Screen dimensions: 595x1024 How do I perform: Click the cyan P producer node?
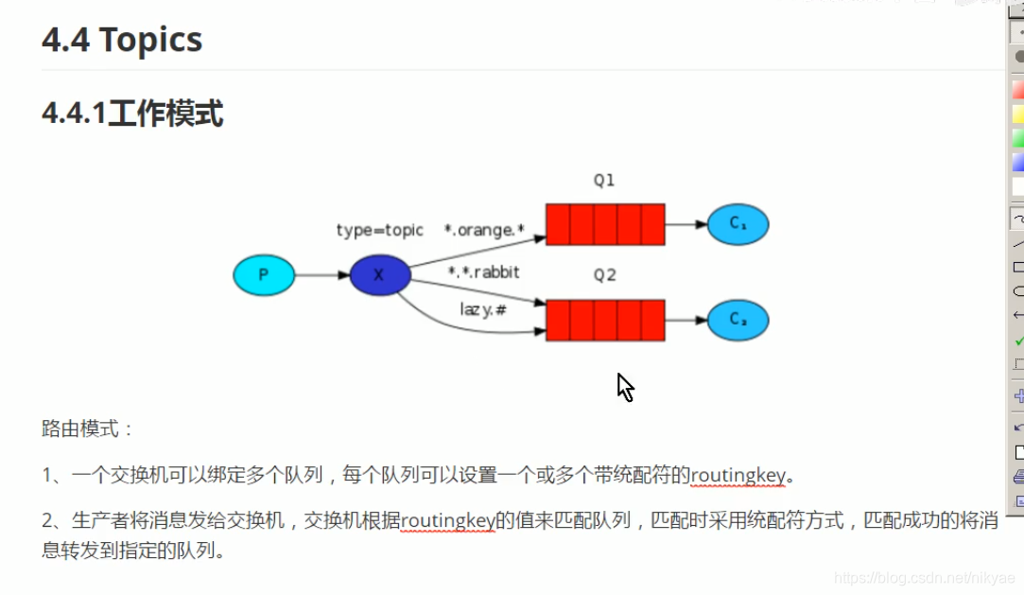click(x=264, y=275)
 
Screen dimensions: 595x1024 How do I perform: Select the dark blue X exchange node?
click(x=379, y=275)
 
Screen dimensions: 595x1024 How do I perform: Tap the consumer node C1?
click(x=738, y=224)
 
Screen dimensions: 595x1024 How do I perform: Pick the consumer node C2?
click(x=738, y=321)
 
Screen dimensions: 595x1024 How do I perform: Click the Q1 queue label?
click(x=604, y=180)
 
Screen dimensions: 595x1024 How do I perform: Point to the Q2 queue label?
click(x=604, y=275)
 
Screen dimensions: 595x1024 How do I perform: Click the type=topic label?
click(x=380, y=231)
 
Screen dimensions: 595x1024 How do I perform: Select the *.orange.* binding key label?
click(x=484, y=231)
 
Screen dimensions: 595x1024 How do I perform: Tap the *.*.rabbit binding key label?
click(x=484, y=272)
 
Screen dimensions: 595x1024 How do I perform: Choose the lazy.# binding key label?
click(x=483, y=309)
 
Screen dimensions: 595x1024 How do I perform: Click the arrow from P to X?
click(x=322, y=275)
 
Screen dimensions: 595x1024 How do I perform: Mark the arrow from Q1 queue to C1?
click(x=686, y=224)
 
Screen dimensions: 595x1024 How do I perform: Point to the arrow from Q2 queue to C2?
click(x=686, y=321)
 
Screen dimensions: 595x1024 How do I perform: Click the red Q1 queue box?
click(x=605, y=224)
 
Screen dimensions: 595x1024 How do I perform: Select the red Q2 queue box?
click(x=605, y=321)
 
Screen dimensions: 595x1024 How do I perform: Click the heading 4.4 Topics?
click(x=122, y=40)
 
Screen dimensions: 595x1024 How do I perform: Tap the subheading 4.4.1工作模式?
click(x=132, y=114)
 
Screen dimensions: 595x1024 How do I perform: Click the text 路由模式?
click(x=87, y=429)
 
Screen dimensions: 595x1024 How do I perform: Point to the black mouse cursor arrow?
click(x=625, y=387)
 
